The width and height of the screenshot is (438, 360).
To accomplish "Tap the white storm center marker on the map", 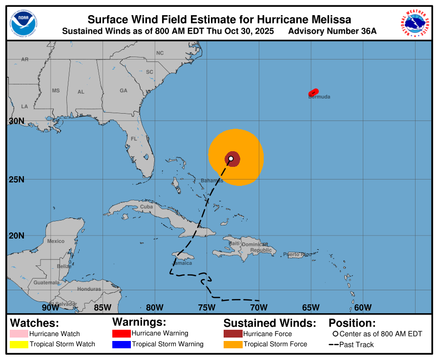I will point(231,159).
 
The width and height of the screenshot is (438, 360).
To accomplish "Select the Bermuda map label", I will point(319,97).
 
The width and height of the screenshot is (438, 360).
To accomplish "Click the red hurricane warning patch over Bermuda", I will point(313,92).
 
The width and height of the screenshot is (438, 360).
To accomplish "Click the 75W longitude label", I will point(206,307).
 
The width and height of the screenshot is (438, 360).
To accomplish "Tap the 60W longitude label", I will point(363,307).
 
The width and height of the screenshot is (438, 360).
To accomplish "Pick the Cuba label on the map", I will point(146,206).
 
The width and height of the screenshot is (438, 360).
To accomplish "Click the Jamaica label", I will point(182,263).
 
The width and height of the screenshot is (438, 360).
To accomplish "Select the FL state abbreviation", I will point(134,139).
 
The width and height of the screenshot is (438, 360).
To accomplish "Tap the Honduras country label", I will point(89,289).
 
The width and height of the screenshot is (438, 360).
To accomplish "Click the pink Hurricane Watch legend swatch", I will point(19,334).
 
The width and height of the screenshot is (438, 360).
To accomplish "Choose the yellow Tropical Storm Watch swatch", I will point(19,344).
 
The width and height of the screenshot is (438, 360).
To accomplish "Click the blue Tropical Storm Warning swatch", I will point(121,344).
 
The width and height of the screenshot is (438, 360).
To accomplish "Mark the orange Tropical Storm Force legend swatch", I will point(232,344).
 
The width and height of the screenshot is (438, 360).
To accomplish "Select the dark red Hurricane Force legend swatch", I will point(232,334).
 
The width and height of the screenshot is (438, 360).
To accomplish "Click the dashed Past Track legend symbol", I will point(334,344).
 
